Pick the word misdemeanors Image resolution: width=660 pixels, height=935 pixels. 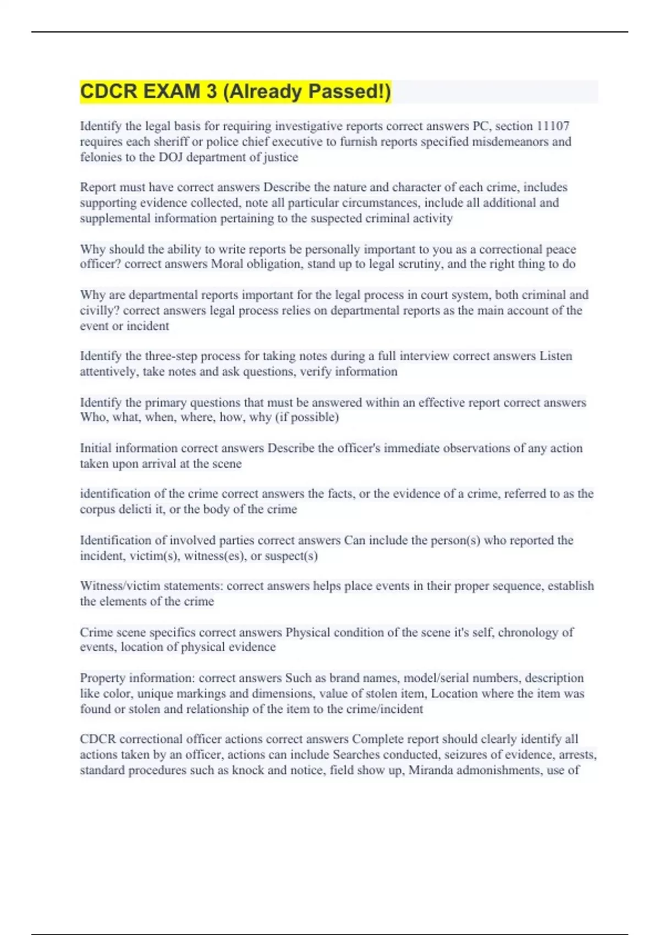click(518, 141)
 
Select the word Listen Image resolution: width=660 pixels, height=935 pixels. click(555, 356)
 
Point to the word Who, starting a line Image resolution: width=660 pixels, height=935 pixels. click(94, 417)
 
